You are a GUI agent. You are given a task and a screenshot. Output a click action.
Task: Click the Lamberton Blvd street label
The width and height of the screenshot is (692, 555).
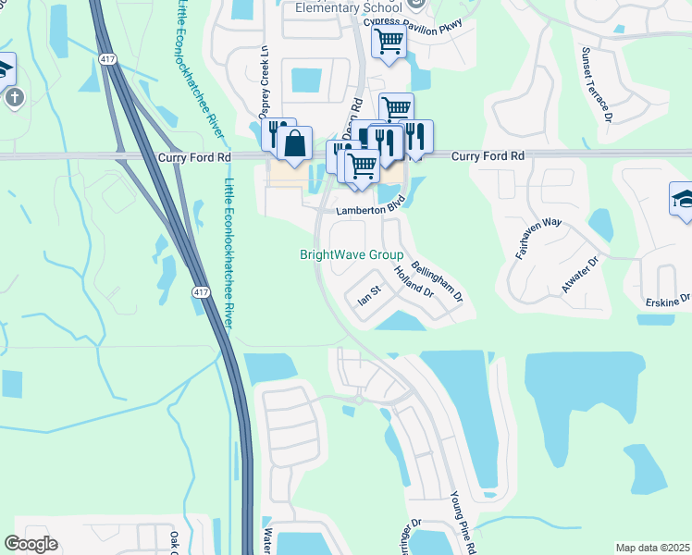point(371,210)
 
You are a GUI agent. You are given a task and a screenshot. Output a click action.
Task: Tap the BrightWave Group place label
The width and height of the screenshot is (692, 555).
point(352,254)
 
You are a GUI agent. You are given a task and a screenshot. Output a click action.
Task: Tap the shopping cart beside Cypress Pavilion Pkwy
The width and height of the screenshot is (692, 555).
point(389,40)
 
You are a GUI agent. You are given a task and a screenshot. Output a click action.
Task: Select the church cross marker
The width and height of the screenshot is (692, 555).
point(12,96)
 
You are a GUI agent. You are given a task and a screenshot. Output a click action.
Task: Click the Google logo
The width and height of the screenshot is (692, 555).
point(31,544)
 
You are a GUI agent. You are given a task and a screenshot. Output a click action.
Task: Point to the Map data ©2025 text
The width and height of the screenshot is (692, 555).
point(652,548)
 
